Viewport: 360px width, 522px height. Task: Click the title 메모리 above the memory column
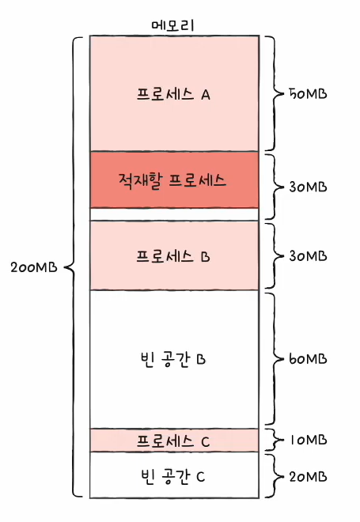coord(172,25)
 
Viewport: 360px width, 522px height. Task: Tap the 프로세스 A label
coord(173,94)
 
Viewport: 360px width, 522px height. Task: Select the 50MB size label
coord(308,94)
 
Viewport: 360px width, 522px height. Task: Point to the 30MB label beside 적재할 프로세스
coord(308,187)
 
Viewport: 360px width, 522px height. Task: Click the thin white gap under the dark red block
coord(174,214)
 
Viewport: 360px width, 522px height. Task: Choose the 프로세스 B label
coord(173,256)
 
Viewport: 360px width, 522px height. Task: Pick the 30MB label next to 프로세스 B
coord(308,256)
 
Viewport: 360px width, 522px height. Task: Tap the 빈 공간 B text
coord(173,359)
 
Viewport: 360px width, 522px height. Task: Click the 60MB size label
coord(308,359)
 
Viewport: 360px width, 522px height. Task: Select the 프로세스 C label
coord(173,441)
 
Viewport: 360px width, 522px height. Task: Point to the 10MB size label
coord(309,440)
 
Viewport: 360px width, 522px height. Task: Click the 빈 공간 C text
coord(173,476)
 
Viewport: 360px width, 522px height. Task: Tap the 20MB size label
coord(308,477)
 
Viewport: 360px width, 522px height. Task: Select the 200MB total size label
coord(34,267)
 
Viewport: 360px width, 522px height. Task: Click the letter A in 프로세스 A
coord(206,95)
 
